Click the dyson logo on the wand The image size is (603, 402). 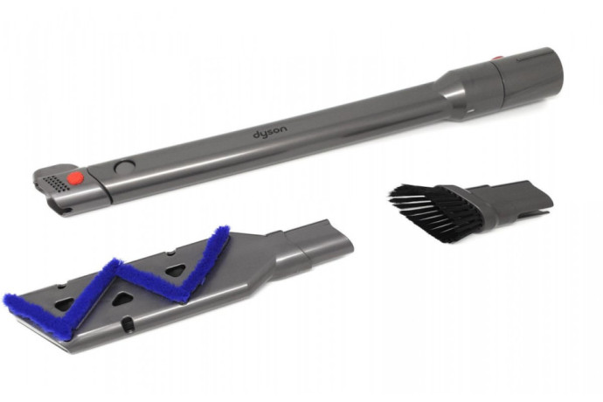coord(270,132)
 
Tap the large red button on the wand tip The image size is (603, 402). coord(75,177)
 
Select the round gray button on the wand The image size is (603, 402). coord(125,167)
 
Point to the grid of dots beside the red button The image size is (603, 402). coord(56,184)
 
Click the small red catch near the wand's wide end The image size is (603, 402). coord(497,59)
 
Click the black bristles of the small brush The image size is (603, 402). coord(433,211)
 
